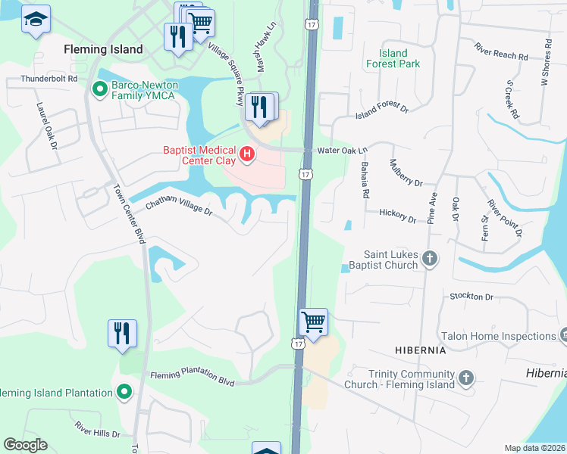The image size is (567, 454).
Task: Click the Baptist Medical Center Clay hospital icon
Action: click(x=246, y=156)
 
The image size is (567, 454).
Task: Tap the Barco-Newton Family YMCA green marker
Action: click(x=99, y=89)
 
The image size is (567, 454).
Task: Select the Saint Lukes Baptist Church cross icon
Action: click(x=429, y=259)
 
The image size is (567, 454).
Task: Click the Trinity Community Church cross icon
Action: click(x=466, y=377)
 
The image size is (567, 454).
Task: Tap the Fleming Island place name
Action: click(x=103, y=49)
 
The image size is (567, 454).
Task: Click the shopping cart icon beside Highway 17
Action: click(x=313, y=322)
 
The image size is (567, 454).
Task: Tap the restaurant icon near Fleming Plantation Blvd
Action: click(x=122, y=333)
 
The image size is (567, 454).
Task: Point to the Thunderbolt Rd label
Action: click(x=50, y=78)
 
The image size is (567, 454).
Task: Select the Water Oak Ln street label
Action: click(x=342, y=150)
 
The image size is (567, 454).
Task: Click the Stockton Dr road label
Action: click(x=471, y=297)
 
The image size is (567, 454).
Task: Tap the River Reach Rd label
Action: click(x=501, y=54)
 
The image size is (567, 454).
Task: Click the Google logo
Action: click(x=25, y=445)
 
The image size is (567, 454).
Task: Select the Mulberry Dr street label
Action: click(x=406, y=173)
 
